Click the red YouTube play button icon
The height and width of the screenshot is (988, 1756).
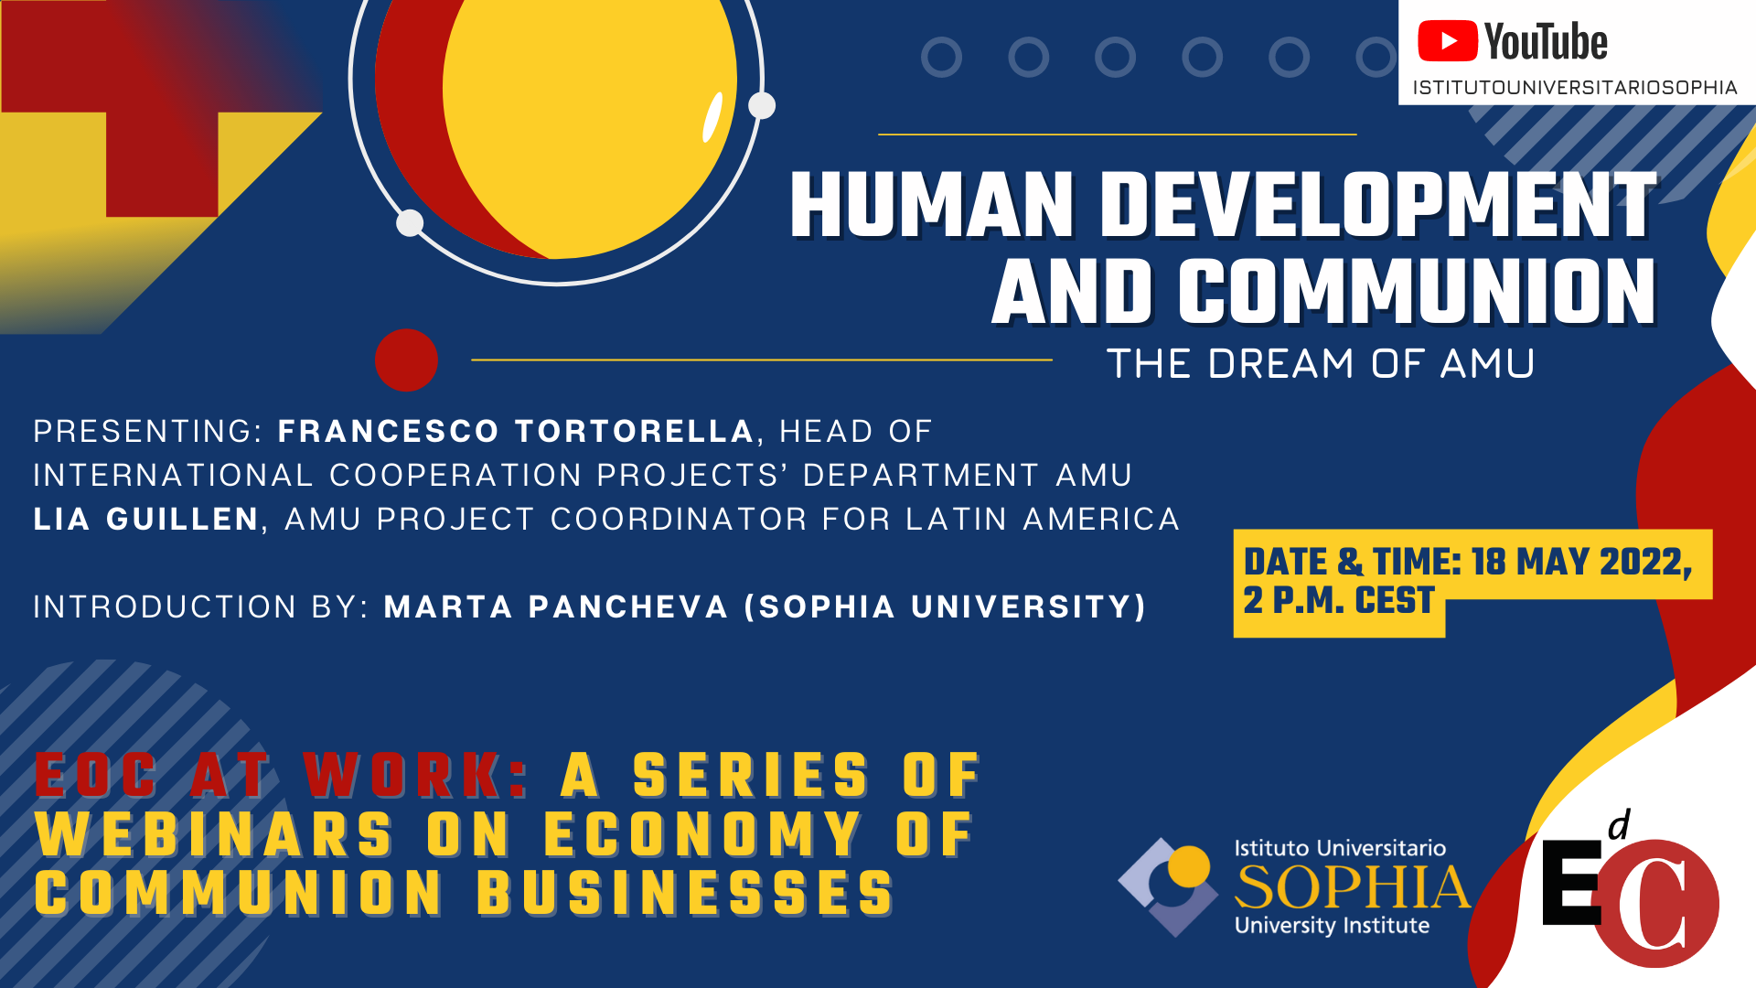click(x=1447, y=41)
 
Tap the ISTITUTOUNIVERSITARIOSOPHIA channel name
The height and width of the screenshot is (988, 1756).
click(x=1575, y=87)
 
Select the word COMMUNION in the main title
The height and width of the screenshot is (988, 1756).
click(x=1417, y=292)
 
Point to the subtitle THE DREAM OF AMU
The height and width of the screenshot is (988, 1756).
click(x=1321, y=364)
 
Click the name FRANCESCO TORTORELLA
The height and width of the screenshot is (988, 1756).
click(x=516, y=431)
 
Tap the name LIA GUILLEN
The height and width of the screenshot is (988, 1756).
click(x=146, y=519)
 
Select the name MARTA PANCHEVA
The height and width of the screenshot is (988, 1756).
click(x=556, y=607)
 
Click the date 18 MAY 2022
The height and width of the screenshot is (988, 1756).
click(x=1581, y=562)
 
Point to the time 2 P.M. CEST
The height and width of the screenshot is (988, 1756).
click(x=1338, y=600)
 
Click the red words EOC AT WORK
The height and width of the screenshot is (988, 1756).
click(x=282, y=776)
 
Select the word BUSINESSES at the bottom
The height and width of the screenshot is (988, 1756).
click(x=685, y=893)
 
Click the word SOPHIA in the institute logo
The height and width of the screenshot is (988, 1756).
click(x=1353, y=887)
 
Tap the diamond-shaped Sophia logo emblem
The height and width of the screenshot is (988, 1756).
click(x=1168, y=886)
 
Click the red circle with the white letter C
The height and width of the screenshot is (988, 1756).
click(x=1655, y=904)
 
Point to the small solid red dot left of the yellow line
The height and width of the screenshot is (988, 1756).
click(x=406, y=360)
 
